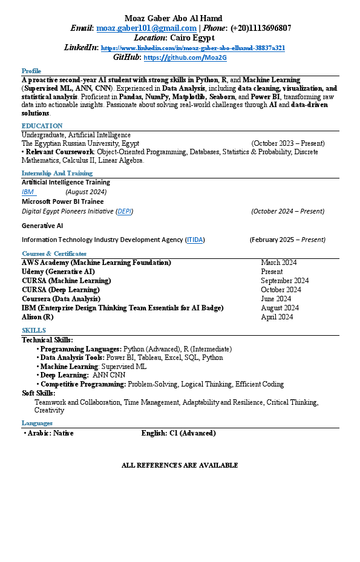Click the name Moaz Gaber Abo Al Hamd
tap(173, 18)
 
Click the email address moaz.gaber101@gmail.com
tap(146, 28)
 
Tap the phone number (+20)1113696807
tap(261, 28)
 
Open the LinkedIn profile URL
tap(192, 48)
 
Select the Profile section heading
tap(31, 71)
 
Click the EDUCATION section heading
tap(42, 126)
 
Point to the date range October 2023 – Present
tap(288, 143)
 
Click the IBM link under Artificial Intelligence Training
tap(28, 192)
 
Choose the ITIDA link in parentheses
tap(195, 240)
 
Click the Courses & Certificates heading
tap(54, 253)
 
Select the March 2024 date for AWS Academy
tap(279, 263)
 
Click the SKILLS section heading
tap(33, 330)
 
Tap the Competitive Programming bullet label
tap(83, 384)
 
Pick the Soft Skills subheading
tap(38, 393)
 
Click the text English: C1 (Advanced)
tap(178, 433)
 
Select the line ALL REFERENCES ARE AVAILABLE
tap(180, 465)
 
